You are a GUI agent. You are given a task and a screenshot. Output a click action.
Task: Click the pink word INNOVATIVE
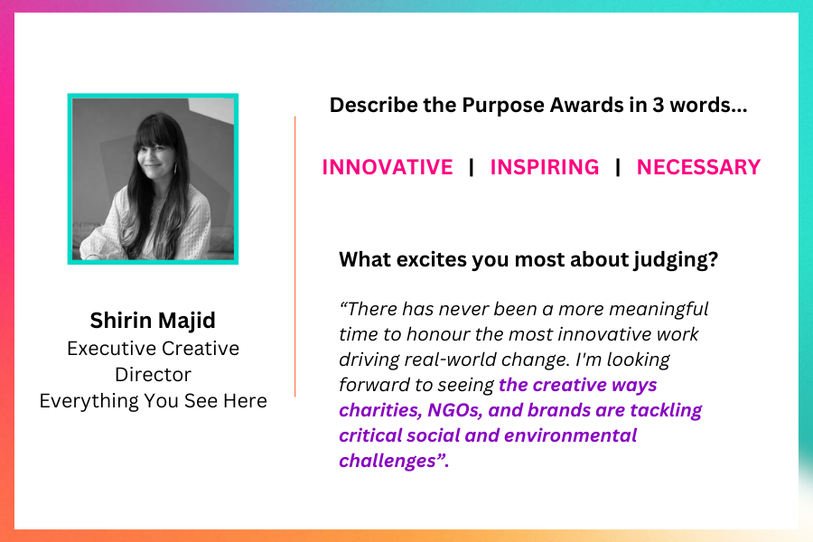point(388,167)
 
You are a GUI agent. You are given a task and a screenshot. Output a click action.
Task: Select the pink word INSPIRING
point(545,167)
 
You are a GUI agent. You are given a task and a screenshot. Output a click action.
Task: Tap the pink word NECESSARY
point(698,167)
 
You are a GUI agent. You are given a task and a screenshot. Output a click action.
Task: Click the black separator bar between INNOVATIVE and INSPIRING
point(472,167)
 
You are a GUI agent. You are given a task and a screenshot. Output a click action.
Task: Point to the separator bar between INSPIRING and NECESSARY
point(618,167)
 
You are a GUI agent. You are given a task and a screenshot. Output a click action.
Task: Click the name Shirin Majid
point(153,321)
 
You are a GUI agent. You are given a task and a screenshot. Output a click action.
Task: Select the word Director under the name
point(153,375)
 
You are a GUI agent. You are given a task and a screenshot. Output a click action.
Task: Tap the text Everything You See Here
point(153,401)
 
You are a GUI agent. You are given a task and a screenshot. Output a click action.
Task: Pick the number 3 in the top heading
point(658,106)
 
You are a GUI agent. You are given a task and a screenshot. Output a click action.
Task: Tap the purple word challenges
point(388,461)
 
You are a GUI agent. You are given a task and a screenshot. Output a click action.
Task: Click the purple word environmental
point(570,435)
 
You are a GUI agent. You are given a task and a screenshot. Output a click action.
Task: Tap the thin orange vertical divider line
point(295,257)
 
